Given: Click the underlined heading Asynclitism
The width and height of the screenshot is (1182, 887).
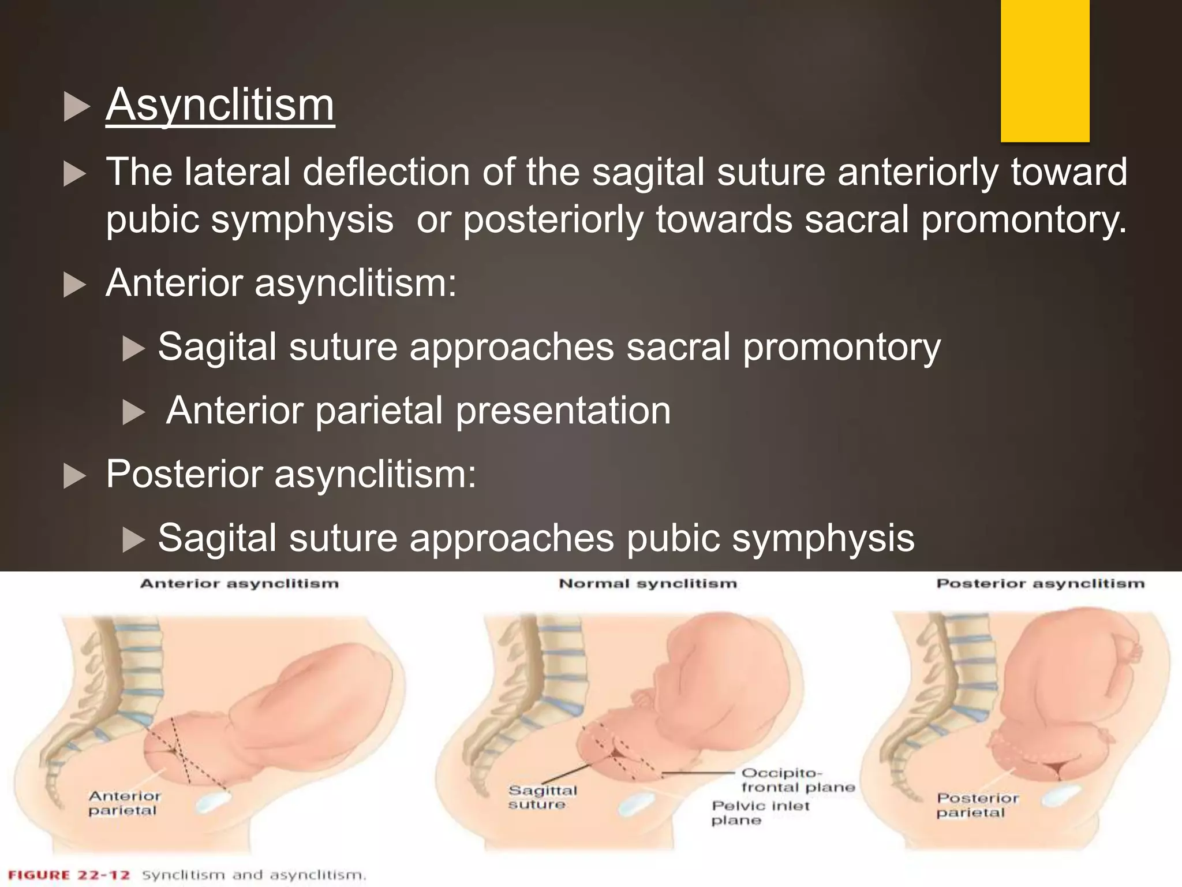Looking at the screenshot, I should tap(220, 105).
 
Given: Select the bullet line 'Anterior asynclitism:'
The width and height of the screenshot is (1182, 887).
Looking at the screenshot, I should tap(281, 284).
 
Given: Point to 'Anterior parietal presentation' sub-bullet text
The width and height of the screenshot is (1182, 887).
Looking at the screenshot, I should tap(418, 411).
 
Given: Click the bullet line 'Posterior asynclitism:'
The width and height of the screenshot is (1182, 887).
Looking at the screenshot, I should tap(291, 475).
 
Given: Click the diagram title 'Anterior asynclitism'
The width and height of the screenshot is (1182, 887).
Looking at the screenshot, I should tap(240, 584).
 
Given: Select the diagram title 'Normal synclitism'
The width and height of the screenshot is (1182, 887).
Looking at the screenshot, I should tap(648, 584).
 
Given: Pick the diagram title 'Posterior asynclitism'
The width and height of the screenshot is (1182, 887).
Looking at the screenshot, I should tap(1040, 584).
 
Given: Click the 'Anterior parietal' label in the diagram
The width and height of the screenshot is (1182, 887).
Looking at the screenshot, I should tap(124, 803).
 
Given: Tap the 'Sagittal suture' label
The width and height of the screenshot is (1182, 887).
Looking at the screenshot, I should tap(542, 797).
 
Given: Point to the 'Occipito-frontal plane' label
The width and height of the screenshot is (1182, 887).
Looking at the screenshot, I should tap(798, 780).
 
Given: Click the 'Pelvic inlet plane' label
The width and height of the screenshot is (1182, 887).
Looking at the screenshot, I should tap(760, 813).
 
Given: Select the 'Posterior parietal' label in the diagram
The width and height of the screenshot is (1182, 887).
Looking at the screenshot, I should tap(977, 806).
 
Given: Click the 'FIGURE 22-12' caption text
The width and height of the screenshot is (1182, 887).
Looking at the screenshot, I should tap(69, 875).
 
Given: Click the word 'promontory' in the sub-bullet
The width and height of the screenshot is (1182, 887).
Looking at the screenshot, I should tap(841, 348).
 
